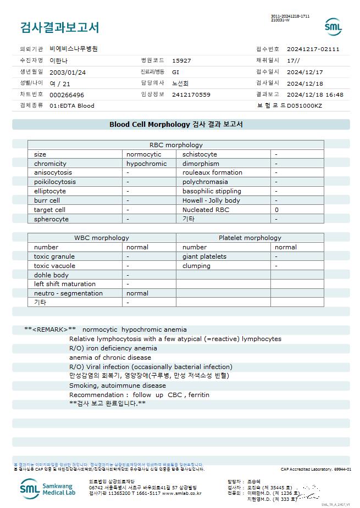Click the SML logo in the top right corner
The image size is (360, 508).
point(333,27)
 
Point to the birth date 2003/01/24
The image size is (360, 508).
point(68,72)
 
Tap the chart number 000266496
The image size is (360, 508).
point(67,94)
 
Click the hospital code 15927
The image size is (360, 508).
point(181,60)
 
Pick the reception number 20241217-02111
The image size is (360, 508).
point(313,49)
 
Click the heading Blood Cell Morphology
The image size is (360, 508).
point(149,125)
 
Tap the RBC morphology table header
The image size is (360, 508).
point(176,145)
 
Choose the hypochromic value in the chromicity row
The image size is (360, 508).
point(146,164)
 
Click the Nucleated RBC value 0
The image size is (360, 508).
point(276,210)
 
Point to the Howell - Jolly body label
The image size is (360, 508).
point(211,200)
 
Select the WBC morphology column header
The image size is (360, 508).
point(102,238)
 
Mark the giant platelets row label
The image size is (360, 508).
point(204,256)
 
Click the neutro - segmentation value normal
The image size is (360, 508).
point(137,293)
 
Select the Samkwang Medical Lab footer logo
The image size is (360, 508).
point(49,488)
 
